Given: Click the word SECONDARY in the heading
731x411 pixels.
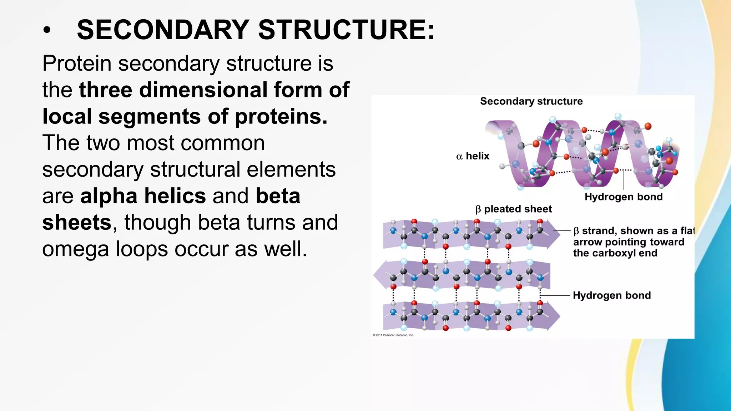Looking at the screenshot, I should pos(163,30).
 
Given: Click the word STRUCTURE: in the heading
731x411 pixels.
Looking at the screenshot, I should pos(346,30).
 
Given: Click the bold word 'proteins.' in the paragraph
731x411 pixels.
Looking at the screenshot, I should pos(281,116).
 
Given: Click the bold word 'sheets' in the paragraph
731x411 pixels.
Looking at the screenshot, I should pos(77,223).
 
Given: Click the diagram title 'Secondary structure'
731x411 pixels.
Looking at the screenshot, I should pos(531,101).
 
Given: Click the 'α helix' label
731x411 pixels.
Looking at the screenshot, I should pos(473,156).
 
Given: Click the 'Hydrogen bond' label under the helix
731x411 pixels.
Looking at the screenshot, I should pos(623,197).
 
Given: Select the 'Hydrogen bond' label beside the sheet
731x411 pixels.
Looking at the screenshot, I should pos(611,295).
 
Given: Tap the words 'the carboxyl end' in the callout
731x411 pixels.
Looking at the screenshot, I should pos(615,253).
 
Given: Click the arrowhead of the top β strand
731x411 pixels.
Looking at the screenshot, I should pos(554,234).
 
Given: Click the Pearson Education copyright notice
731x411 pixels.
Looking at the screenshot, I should pos(393,335).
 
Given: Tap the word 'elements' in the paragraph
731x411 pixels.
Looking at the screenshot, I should pos(291,169).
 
